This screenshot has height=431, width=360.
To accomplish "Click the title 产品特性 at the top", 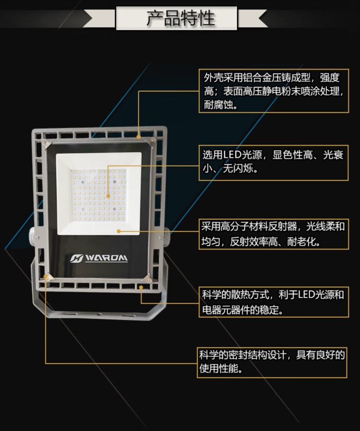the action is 180,18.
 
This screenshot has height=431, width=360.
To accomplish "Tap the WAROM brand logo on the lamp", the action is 99,258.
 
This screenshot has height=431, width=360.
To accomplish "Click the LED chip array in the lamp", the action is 98,195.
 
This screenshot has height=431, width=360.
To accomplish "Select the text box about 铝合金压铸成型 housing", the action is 274,91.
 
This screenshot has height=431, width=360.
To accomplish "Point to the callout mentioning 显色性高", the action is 274,163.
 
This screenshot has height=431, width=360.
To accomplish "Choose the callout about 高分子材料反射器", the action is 274,234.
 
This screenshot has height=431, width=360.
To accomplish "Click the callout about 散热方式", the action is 274,302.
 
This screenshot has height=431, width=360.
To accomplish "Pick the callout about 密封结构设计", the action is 272,362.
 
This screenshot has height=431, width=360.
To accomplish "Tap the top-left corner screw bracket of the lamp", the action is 46,144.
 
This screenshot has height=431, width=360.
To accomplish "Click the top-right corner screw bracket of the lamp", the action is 151,142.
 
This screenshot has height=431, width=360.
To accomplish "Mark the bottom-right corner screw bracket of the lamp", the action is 147,279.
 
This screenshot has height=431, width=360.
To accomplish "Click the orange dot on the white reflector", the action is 119,231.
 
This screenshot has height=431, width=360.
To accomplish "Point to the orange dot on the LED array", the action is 108,196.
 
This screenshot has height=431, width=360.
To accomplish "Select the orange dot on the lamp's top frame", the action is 139,137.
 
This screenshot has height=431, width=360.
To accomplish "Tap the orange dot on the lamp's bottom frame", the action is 141,287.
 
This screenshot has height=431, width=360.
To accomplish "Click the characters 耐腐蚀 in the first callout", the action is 218,105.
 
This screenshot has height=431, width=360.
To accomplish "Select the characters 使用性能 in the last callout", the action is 219,369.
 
